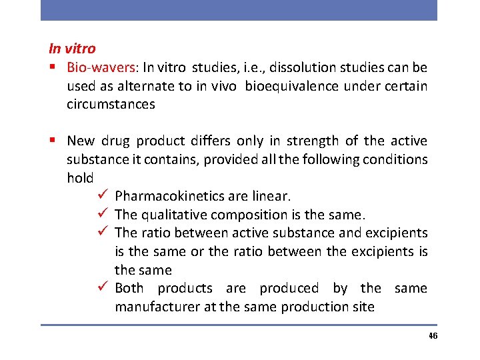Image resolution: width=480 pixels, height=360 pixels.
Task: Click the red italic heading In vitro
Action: coord(72,49)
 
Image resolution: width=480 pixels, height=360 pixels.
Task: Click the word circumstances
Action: coord(111,104)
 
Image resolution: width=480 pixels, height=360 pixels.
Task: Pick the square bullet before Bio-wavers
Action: coord(52,67)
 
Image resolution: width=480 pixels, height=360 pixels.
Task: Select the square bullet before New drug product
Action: coord(52,141)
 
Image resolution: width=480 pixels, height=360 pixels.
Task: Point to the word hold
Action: coord(80,178)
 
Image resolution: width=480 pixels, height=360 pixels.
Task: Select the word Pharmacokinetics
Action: coord(167,196)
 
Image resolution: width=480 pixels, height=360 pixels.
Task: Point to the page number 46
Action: coord(433,335)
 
